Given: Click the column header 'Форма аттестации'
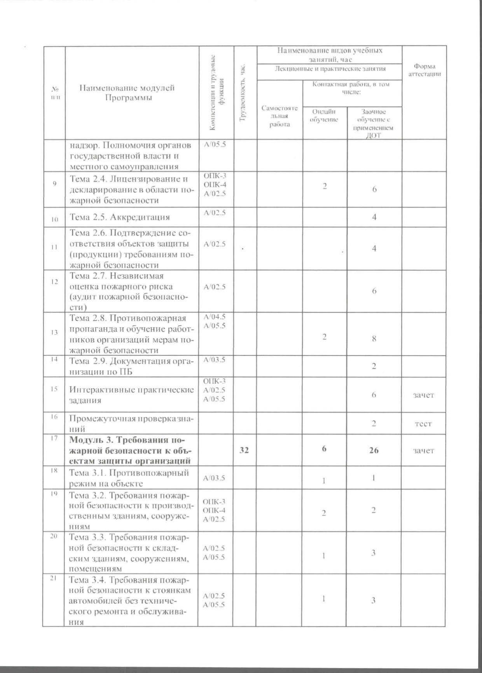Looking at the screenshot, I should tap(424, 70).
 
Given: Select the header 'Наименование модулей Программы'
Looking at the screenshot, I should tap(127, 93).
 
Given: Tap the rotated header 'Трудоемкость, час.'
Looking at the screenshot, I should tap(244, 93).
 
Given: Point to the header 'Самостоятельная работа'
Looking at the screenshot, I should tap(279, 116).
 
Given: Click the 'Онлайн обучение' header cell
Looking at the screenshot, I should tap(324, 116).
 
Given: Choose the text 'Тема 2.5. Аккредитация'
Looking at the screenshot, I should tap(120, 217).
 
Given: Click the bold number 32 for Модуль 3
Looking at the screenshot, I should tap(244, 450).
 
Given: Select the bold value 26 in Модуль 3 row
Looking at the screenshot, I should tap(374, 451).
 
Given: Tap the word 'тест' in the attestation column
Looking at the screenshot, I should tap(423, 423).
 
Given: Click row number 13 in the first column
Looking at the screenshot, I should tap(54, 332).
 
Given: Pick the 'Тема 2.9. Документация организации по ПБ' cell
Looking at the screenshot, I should tap(131, 366).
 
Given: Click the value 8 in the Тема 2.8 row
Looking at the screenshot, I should tap(374, 339).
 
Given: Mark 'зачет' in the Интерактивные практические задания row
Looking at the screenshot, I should tap(423, 395).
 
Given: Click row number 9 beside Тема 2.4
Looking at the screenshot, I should tap(54, 183).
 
